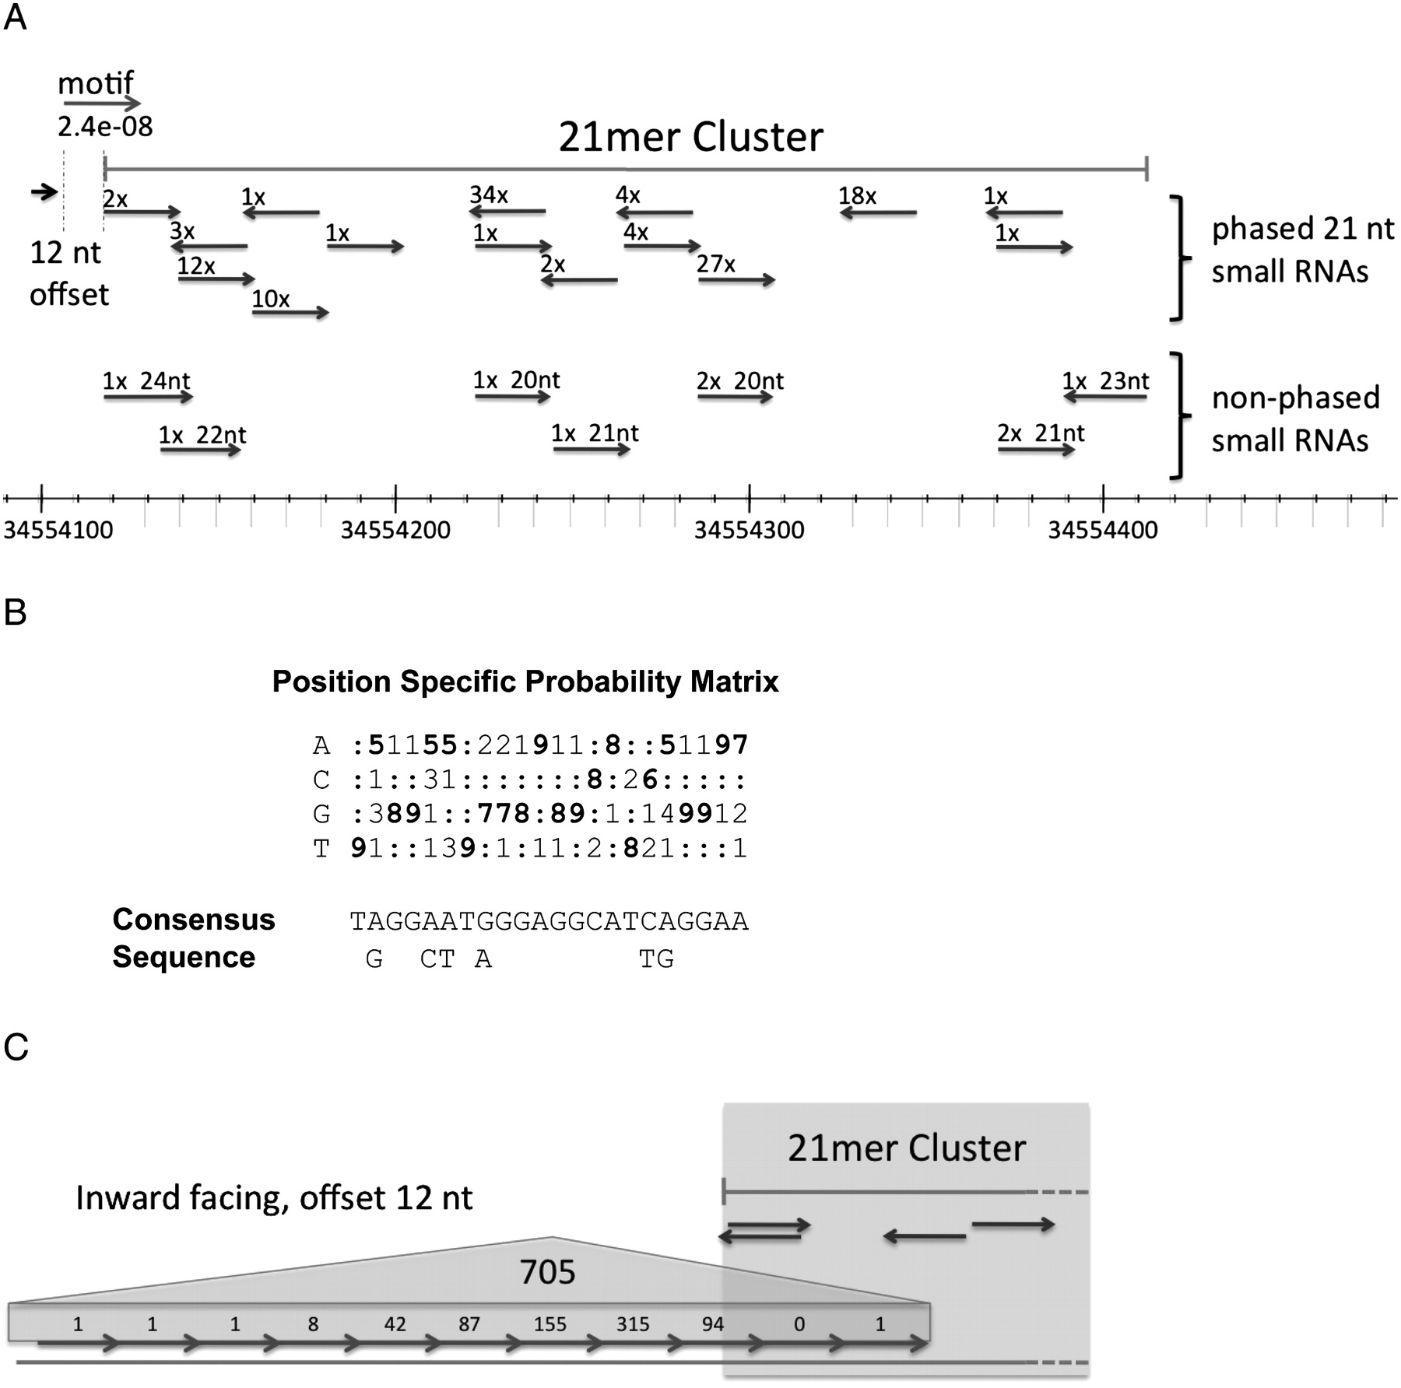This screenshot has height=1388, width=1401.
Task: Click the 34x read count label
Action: [x=488, y=195]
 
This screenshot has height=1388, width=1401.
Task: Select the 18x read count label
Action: [x=857, y=196]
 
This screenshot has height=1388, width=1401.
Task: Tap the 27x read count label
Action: [x=715, y=265]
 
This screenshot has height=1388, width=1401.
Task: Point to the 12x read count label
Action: [x=195, y=266]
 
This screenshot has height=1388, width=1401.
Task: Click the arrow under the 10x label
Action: [x=290, y=313]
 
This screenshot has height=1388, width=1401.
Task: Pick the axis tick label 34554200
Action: [x=395, y=530]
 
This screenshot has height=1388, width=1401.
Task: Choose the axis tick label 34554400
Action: [x=1102, y=530]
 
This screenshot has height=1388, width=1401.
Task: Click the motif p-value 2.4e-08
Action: [x=105, y=126]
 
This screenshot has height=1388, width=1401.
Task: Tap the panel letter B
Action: [x=15, y=613]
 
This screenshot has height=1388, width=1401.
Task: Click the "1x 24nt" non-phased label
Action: [x=146, y=380]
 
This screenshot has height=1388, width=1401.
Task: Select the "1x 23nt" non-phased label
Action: [x=1105, y=380]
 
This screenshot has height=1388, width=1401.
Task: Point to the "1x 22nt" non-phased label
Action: [x=202, y=434]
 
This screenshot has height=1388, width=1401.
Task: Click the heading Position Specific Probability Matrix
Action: [x=525, y=682]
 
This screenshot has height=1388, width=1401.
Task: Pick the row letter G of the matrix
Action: [x=321, y=814]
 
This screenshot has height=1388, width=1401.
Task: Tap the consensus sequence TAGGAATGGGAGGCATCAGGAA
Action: [x=549, y=921]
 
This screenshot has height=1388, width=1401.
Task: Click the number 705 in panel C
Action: [x=547, y=1272]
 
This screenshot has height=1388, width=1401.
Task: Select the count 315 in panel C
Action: [x=632, y=1323]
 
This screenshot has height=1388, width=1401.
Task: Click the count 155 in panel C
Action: [x=550, y=1323]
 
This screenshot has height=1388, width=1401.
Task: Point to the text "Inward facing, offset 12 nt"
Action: [x=274, y=1198]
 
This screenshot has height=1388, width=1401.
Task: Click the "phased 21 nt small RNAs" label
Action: [x=1301, y=250]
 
